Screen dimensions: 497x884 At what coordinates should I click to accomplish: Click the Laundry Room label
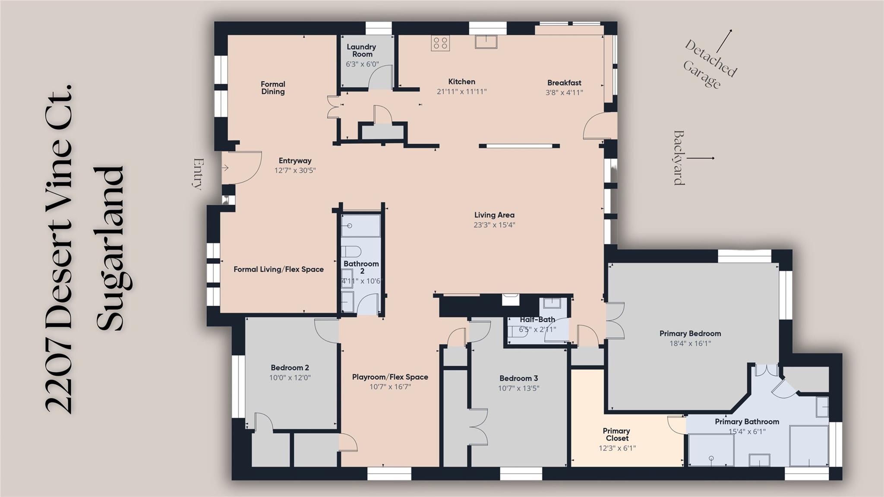point(361,51)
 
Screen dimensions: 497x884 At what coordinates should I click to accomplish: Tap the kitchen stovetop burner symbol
point(440,43)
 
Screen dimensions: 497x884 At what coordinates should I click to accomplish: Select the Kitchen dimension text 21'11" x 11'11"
point(461,92)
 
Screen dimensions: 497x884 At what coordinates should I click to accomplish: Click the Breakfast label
point(564,82)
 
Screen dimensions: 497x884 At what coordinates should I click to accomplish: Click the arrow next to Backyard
point(701,158)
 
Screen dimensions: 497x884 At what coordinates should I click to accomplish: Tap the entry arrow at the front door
point(225,168)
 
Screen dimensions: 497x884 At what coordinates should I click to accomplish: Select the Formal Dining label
point(273,88)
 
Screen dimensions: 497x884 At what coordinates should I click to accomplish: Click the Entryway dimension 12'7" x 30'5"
point(295,170)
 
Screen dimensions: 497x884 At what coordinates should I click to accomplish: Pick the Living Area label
point(494,215)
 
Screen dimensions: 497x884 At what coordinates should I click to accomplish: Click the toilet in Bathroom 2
point(351,251)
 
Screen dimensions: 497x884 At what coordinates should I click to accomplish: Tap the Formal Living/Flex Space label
point(278,269)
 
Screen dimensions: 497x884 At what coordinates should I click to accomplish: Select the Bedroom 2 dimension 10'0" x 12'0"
point(290,377)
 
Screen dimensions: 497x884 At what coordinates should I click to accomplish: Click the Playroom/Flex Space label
point(390,377)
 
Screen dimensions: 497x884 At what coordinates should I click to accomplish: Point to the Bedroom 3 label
point(518,378)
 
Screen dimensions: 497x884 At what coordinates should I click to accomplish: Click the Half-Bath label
point(537,320)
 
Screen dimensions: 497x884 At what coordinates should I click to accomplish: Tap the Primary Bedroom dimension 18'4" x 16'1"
point(690,343)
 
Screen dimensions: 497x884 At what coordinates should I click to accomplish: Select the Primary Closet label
point(616,434)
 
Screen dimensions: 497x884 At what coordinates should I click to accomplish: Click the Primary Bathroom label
point(747,421)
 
